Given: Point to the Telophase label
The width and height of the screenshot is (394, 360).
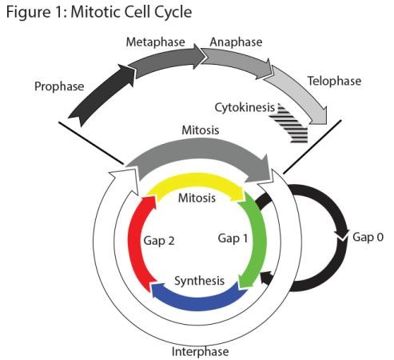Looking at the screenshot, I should (x=334, y=81).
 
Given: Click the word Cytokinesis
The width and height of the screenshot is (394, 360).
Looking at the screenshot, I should (x=245, y=107).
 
